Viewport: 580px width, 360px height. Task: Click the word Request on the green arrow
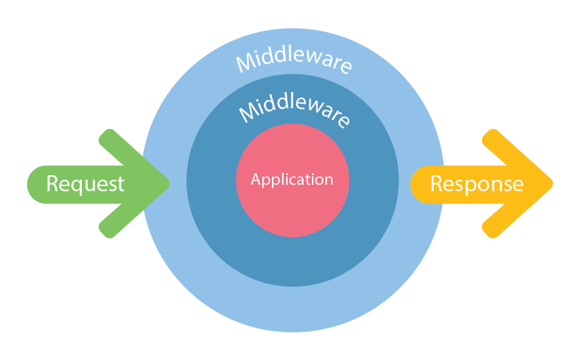[x=85, y=184]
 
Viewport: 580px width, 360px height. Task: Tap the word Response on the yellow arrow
[x=477, y=184]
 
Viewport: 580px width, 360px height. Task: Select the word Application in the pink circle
[x=292, y=180]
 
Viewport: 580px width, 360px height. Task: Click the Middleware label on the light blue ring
[x=294, y=62]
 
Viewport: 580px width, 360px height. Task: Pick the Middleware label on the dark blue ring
[x=295, y=111]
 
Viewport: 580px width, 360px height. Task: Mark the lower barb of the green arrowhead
[x=109, y=229]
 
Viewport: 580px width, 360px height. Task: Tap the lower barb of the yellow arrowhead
[x=492, y=229]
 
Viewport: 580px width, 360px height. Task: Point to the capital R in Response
[x=437, y=184]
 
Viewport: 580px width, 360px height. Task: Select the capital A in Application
[x=256, y=180]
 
